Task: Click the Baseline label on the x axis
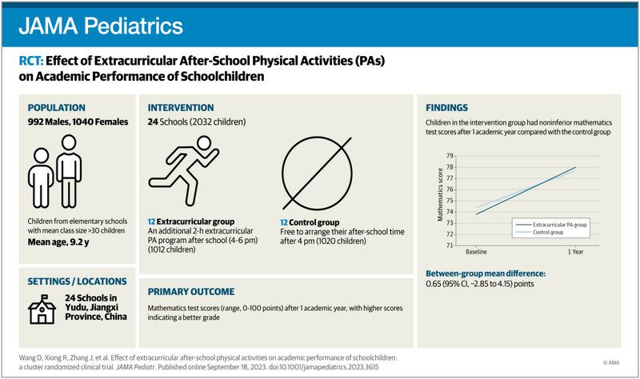coord(477,253)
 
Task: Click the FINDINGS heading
coord(446,108)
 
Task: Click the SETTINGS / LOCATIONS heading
coord(77,281)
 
